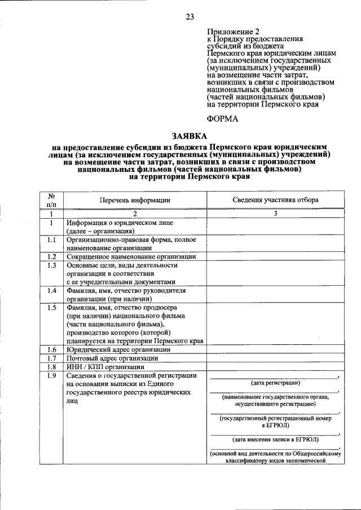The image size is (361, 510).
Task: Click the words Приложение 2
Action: click(x=233, y=32)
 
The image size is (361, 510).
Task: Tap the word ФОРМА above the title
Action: click(x=223, y=118)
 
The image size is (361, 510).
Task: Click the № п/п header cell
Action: click(x=51, y=200)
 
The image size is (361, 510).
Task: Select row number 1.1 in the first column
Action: click(x=51, y=240)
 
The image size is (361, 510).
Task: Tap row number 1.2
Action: click(x=51, y=256)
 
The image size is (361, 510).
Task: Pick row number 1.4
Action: click(x=51, y=291)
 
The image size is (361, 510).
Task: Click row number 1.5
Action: click(x=51, y=308)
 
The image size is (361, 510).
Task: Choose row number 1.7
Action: click(x=51, y=358)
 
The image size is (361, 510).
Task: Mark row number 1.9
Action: click(x=51, y=376)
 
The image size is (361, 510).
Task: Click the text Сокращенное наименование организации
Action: click(x=130, y=256)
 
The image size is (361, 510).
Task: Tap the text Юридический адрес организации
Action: click(x=118, y=349)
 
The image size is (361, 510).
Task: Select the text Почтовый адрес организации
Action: click(x=112, y=358)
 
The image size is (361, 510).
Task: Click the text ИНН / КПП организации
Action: click(x=105, y=366)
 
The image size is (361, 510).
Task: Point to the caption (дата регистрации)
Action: click(x=275, y=383)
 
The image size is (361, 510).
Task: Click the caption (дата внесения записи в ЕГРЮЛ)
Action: click(x=275, y=439)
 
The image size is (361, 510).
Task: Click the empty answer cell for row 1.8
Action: click(x=275, y=366)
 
